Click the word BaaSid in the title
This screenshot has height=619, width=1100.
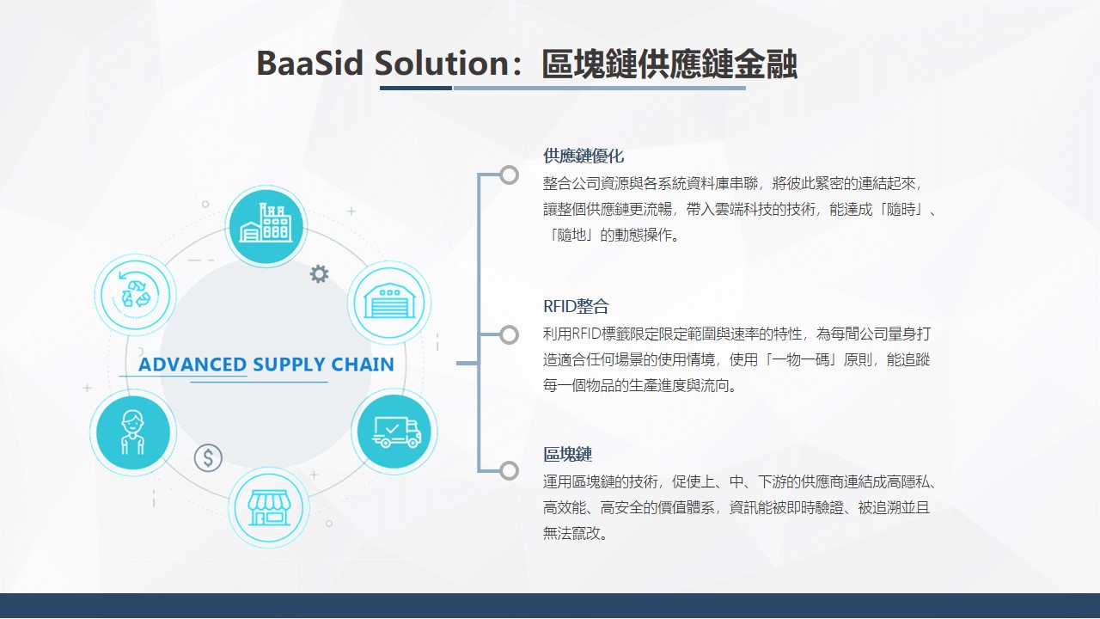310,64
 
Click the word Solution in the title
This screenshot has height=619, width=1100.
442,64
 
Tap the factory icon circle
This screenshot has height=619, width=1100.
266,226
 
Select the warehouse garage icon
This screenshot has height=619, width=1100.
389,302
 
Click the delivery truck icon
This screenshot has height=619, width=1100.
394,432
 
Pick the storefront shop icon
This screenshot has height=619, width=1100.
269,507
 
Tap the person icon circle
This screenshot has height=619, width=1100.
133,432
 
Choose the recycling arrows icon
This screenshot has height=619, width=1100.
135,295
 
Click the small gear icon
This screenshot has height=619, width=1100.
319,274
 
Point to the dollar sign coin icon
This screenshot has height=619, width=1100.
208,458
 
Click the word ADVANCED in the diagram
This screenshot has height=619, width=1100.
192,365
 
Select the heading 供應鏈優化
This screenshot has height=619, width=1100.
584,156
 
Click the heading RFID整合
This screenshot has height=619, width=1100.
576,307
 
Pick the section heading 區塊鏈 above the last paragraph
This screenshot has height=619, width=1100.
568,455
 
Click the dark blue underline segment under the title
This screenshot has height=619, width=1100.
416,88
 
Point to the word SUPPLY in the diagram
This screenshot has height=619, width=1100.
289,365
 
